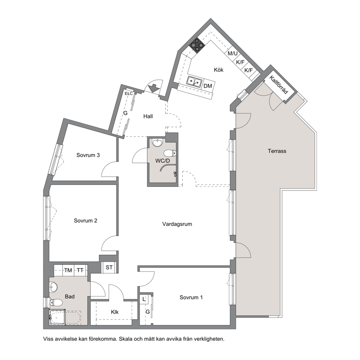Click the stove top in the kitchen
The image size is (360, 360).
pos(197,45)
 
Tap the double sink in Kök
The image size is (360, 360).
pos(195,81)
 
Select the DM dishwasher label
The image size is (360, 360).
pos(208,86)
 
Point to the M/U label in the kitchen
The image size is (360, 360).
pos(233,53)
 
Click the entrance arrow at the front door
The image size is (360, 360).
pos(153,89)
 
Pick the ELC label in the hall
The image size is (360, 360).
pos(129,94)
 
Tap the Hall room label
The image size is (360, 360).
pos(148,116)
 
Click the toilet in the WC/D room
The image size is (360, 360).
pos(170,153)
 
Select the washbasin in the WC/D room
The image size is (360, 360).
pos(157,142)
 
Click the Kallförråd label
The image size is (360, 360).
pos(278,85)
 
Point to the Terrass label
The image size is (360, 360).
pos(277,151)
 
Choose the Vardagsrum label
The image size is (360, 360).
pos(177,224)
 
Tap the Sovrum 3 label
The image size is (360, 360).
pos(88,155)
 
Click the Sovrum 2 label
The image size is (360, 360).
pos(85,221)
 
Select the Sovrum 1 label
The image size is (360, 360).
pos(191,298)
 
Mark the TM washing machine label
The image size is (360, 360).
pos(68,270)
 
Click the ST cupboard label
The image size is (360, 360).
pos(109,267)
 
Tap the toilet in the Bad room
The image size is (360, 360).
pos(56,303)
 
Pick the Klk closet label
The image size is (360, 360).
pos(115,312)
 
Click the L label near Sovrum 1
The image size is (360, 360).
pos(144,299)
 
